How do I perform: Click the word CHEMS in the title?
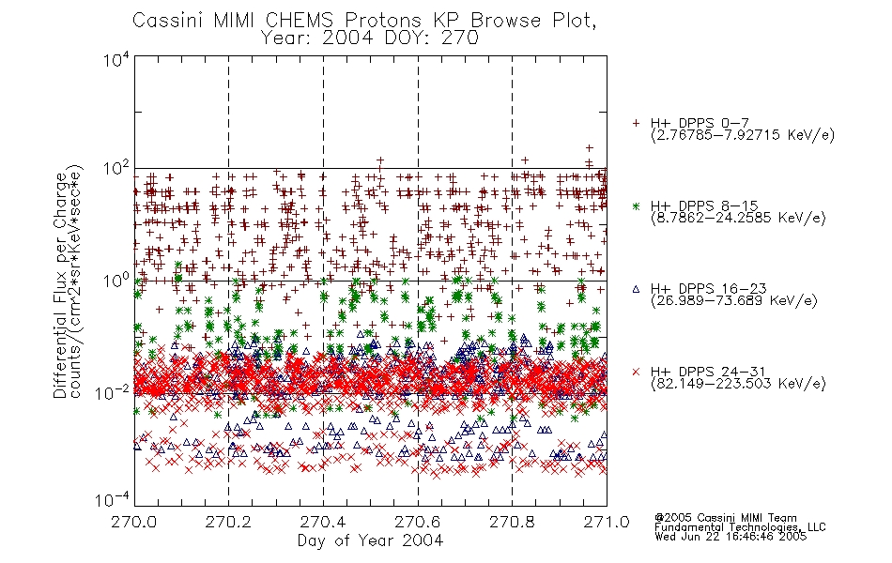click(300, 21)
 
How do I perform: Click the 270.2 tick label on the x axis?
click(228, 522)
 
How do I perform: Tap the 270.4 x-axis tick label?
click(323, 522)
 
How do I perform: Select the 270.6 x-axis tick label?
click(418, 522)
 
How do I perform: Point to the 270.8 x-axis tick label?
click(512, 522)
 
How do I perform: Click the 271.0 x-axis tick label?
click(607, 522)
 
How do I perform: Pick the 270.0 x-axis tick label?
click(134, 522)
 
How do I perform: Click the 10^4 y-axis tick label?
click(116, 59)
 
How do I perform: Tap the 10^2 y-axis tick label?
click(116, 169)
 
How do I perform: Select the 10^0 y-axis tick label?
click(116, 281)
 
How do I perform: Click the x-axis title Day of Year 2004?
click(370, 540)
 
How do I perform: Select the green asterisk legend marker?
click(636, 206)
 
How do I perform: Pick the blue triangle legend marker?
click(636, 289)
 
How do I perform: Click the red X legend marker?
click(636, 372)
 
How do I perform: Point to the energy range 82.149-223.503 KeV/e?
click(738, 384)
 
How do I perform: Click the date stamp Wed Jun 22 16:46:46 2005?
click(731, 537)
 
